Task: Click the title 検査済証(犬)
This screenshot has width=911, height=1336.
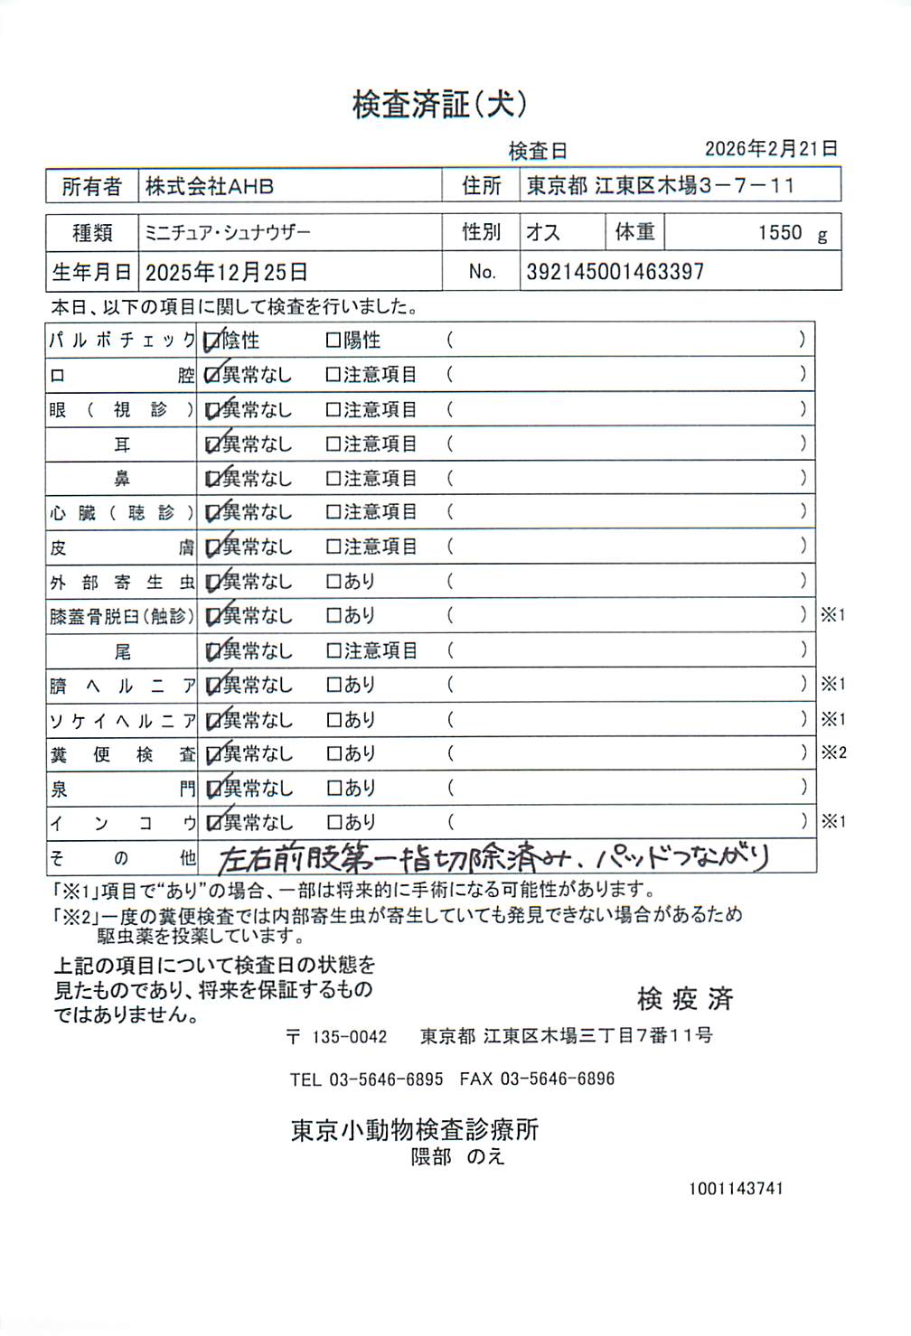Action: tap(439, 105)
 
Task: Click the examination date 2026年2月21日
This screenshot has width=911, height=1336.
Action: tap(771, 149)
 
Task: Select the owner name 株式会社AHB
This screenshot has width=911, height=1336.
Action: tap(210, 186)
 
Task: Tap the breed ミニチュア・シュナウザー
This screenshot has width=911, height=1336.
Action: tap(228, 232)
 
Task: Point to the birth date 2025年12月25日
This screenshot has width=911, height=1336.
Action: tap(227, 272)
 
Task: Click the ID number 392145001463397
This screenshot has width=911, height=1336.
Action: tap(615, 272)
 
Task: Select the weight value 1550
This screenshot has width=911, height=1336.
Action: tap(780, 233)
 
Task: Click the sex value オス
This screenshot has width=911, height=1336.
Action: tap(543, 232)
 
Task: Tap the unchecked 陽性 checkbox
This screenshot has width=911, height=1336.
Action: tap(333, 341)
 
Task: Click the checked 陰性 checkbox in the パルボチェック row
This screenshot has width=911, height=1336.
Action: tap(212, 341)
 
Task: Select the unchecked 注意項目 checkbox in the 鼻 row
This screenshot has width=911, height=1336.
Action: tap(333, 479)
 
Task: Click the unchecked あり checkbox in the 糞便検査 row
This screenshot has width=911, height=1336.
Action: tap(333, 753)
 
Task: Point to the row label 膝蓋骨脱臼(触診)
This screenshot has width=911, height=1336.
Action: tap(122, 616)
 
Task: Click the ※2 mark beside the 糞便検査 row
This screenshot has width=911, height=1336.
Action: tap(833, 752)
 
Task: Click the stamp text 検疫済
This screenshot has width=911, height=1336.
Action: tap(685, 998)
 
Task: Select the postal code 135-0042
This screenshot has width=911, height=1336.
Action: tap(349, 1037)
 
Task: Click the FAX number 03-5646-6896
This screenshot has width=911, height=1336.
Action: tap(557, 1079)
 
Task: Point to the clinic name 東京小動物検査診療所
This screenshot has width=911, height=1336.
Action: tap(415, 1130)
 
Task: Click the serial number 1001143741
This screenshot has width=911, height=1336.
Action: tap(736, 1189)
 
